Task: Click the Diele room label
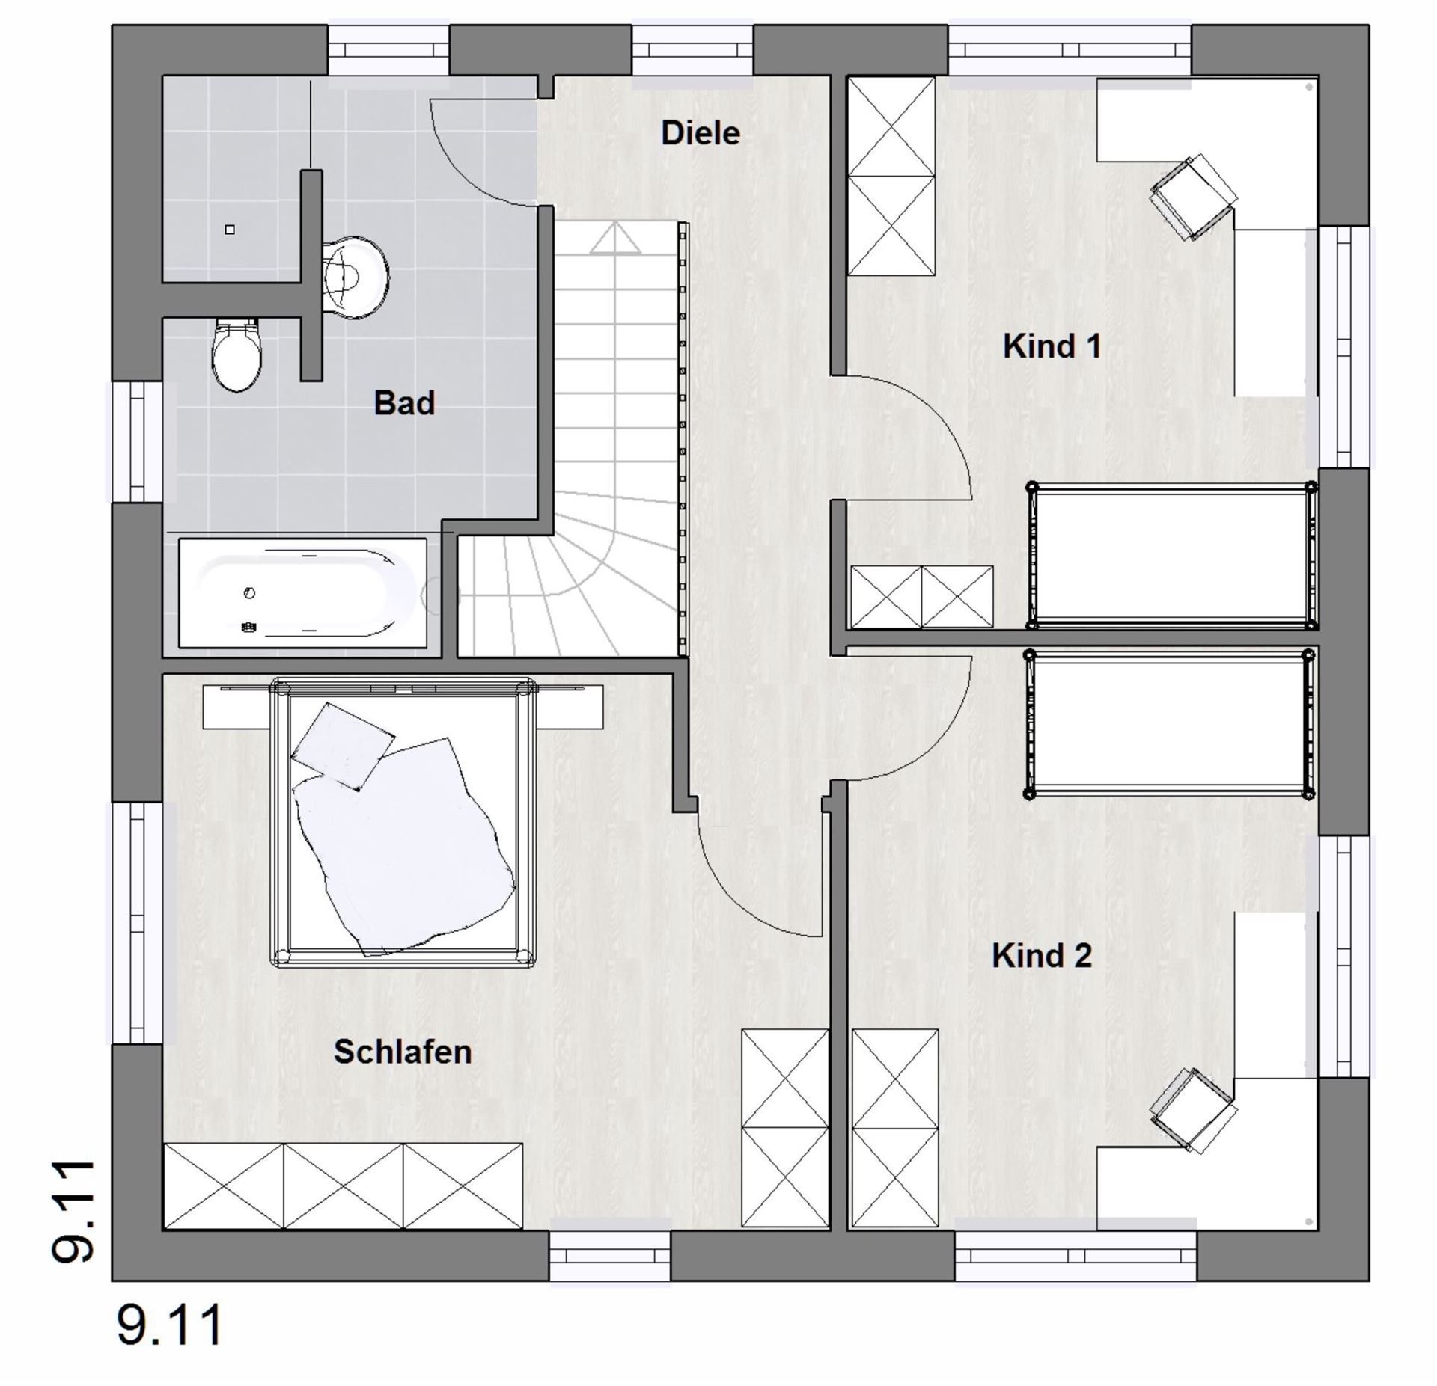[x=701, y=133]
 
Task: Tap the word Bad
[x=404, y=403]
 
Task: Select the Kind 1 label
[x=1052, y=346]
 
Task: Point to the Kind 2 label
[x=1042, y=956]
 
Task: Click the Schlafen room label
[x=403, y=1052]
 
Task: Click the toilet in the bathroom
[x=237, y=355]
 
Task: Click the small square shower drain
[x=230, y=230]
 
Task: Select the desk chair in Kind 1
[x=1194, y=197]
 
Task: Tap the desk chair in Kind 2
[x=1194, y=1111]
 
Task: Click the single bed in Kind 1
[x=1171, y=556]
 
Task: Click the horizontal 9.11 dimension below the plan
[x=171, y=1325]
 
